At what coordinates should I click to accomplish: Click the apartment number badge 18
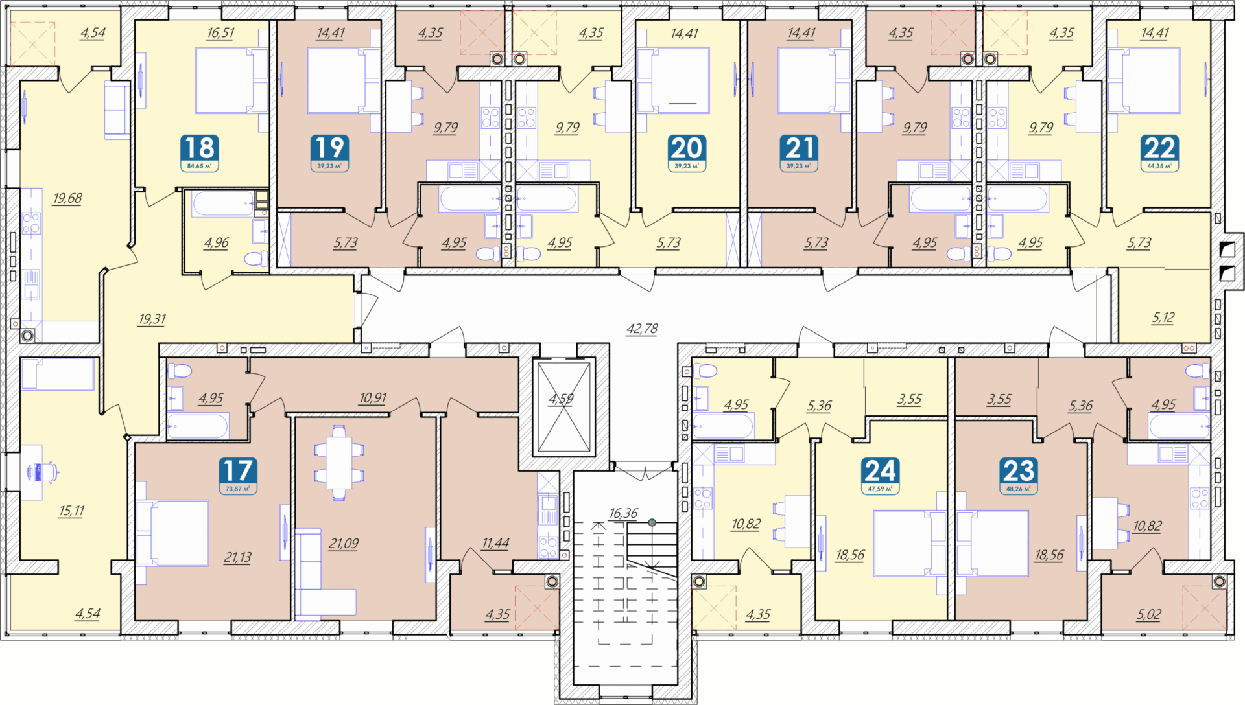click(200, 153)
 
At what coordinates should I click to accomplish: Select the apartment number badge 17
click(237, 476)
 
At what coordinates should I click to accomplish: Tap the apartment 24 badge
click(881, 476)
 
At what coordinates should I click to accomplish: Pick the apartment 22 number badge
click(1159, 153)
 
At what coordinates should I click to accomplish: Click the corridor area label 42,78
click(642, 329)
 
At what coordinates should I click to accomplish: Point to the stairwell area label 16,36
click(623, 513)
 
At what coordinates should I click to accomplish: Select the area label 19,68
click(67, 198)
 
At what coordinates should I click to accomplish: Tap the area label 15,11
click(71, 511)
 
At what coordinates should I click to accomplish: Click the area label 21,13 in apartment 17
click(237, 557)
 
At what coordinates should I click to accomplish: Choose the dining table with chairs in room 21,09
click(338, 463)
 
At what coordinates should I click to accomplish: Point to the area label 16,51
click(220, 32)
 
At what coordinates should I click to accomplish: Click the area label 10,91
click(373, 397)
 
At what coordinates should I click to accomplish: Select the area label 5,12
click(1163, 318)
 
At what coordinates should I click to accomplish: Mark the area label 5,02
click(1149, 614)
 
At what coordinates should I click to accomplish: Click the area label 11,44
click(495, 543)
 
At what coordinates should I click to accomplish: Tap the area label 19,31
click(152, 319)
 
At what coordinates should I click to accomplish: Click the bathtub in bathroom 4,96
click(222, 203)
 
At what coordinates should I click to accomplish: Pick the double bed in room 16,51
click(231, 81)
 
